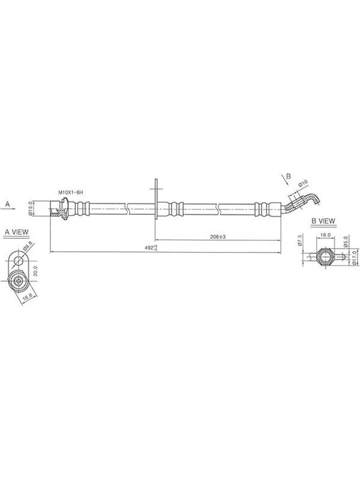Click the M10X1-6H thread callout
[x=71, y=193]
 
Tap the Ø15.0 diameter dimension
[x=31, y=208]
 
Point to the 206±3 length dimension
[x=218, y=236]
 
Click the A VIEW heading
[x=17, y=232]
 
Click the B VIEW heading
[x=323, y=221]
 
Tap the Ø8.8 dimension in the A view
[x=28, y=245]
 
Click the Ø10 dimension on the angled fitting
[x=303, y=184]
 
